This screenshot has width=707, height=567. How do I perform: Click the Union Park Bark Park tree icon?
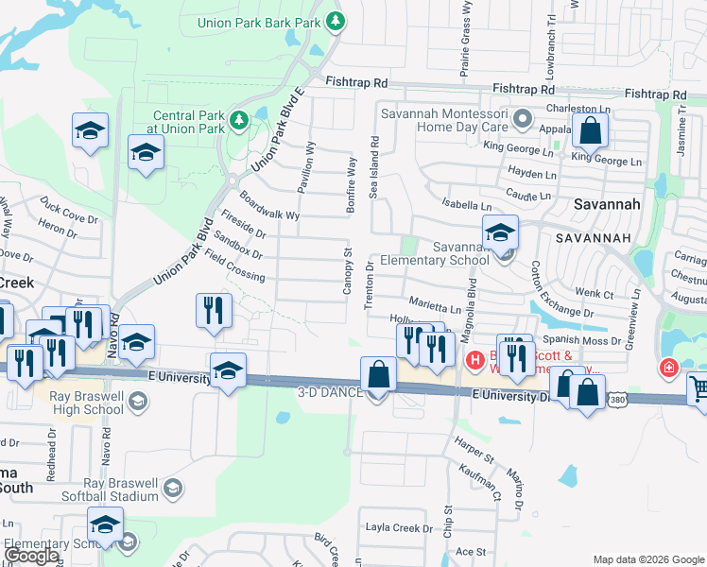click(x=335, y=21)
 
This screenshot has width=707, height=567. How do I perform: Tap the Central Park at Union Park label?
click(x=189, y=123)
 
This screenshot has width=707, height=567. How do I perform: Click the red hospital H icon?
click(x=476, y=359)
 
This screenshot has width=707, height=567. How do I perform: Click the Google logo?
click(x=32, y=556)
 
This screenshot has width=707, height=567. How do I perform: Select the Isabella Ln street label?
click(x=468, y=205)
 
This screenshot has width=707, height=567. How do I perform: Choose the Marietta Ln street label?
click(x=435, y=308)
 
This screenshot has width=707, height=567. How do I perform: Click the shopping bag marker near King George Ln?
click(x=590, y=132)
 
